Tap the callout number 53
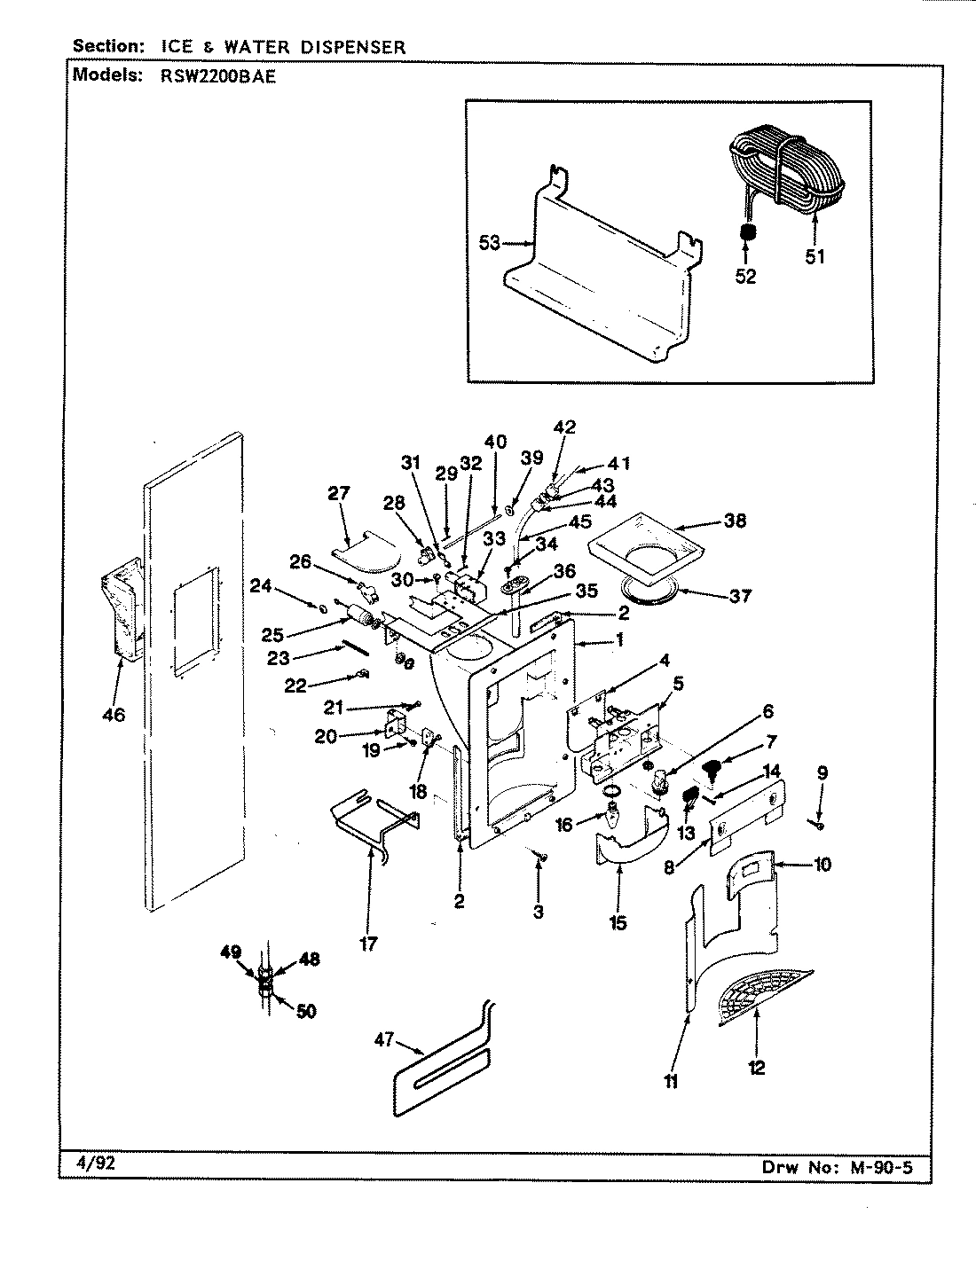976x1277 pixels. click(490, 242)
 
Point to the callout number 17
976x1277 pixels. click(369, 944)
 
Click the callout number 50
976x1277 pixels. click(305, 1011)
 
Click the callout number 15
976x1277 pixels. click(618, 923)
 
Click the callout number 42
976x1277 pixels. click(563, 427)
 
